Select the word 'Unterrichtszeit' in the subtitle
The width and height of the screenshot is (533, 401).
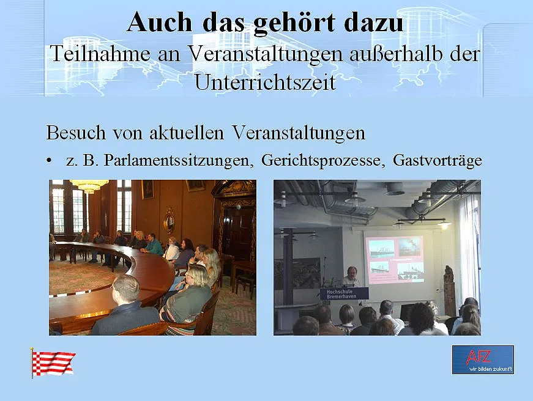click(x=265, y=81)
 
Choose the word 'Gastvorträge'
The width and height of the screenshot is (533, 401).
click(x=437, y=161)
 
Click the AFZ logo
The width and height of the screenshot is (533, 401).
click(x=483, y=359)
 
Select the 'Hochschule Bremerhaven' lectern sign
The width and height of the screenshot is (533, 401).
click(x=345, y=293)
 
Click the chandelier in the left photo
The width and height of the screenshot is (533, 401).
click(x=89, y=185)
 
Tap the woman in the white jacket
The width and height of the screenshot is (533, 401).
click(x=173, y=249)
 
